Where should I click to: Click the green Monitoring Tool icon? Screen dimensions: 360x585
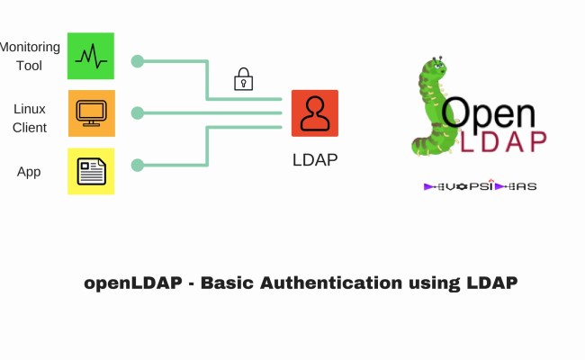pos(91,56)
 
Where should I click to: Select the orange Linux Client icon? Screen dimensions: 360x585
pos(91,113)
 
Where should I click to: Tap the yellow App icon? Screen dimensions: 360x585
pos(91,171)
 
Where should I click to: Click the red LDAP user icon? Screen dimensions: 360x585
pos(314,113)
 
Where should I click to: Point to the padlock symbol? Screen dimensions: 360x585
pos(243,79)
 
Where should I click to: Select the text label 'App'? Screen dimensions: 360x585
pos(29,171)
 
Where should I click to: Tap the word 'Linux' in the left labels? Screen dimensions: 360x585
pos(30,108)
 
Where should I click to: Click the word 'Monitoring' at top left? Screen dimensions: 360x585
pos(31,47)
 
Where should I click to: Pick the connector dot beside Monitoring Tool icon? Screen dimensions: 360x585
pos(137,61)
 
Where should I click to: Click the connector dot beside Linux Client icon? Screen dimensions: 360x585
pos(137,113)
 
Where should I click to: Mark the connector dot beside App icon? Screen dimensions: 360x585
pos(137,165)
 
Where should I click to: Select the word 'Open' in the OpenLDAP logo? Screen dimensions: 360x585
pos(488,112)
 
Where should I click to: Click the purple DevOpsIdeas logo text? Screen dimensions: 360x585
pos(480,186)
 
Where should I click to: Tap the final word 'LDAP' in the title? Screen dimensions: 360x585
pos(491,283)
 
